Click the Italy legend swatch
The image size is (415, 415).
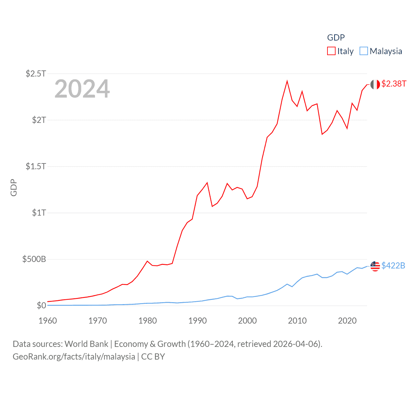[331, 51]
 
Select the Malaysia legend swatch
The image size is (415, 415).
[364, 51]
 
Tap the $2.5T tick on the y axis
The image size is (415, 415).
[36, 74]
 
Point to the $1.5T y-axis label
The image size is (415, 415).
[36, 166]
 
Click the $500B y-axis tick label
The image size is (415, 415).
[34, 259]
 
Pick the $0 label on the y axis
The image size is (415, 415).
[41, 305]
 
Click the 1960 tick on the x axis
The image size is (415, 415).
[48, 321]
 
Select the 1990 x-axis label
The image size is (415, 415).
[197, 321]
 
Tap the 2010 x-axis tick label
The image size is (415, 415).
[297, 321]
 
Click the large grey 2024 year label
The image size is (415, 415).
[82, 89]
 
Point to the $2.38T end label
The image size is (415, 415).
[394, 84]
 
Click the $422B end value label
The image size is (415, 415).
[393, 266]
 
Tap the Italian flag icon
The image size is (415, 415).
[375, 84]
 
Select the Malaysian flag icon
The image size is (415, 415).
[375, 266]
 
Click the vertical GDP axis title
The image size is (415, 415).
[14, 187]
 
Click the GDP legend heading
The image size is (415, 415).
[336, 38]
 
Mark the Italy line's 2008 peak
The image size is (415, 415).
[287, 81]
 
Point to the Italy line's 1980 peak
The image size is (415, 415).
[147, 261]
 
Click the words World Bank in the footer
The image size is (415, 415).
[86, 344]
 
